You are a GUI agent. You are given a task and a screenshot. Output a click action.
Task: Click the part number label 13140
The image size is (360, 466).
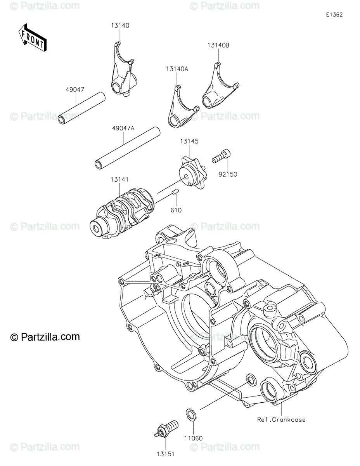click(119, 26)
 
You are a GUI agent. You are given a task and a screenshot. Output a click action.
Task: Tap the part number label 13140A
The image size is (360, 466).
click(177, 69)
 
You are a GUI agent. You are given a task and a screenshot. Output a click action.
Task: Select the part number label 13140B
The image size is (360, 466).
click(218, 45)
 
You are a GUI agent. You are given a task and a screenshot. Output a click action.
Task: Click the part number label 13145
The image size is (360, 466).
click(189, 142)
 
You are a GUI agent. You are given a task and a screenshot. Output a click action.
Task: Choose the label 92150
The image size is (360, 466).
click(228, 174)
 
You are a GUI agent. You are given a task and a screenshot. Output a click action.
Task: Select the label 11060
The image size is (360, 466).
click(194, 438)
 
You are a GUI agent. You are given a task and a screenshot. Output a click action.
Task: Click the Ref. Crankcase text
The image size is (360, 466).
click(281, 419)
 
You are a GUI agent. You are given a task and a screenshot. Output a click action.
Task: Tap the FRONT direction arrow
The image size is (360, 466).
click(32, 38)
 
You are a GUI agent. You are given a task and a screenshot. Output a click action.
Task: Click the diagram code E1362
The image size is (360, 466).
click(334, 15)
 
